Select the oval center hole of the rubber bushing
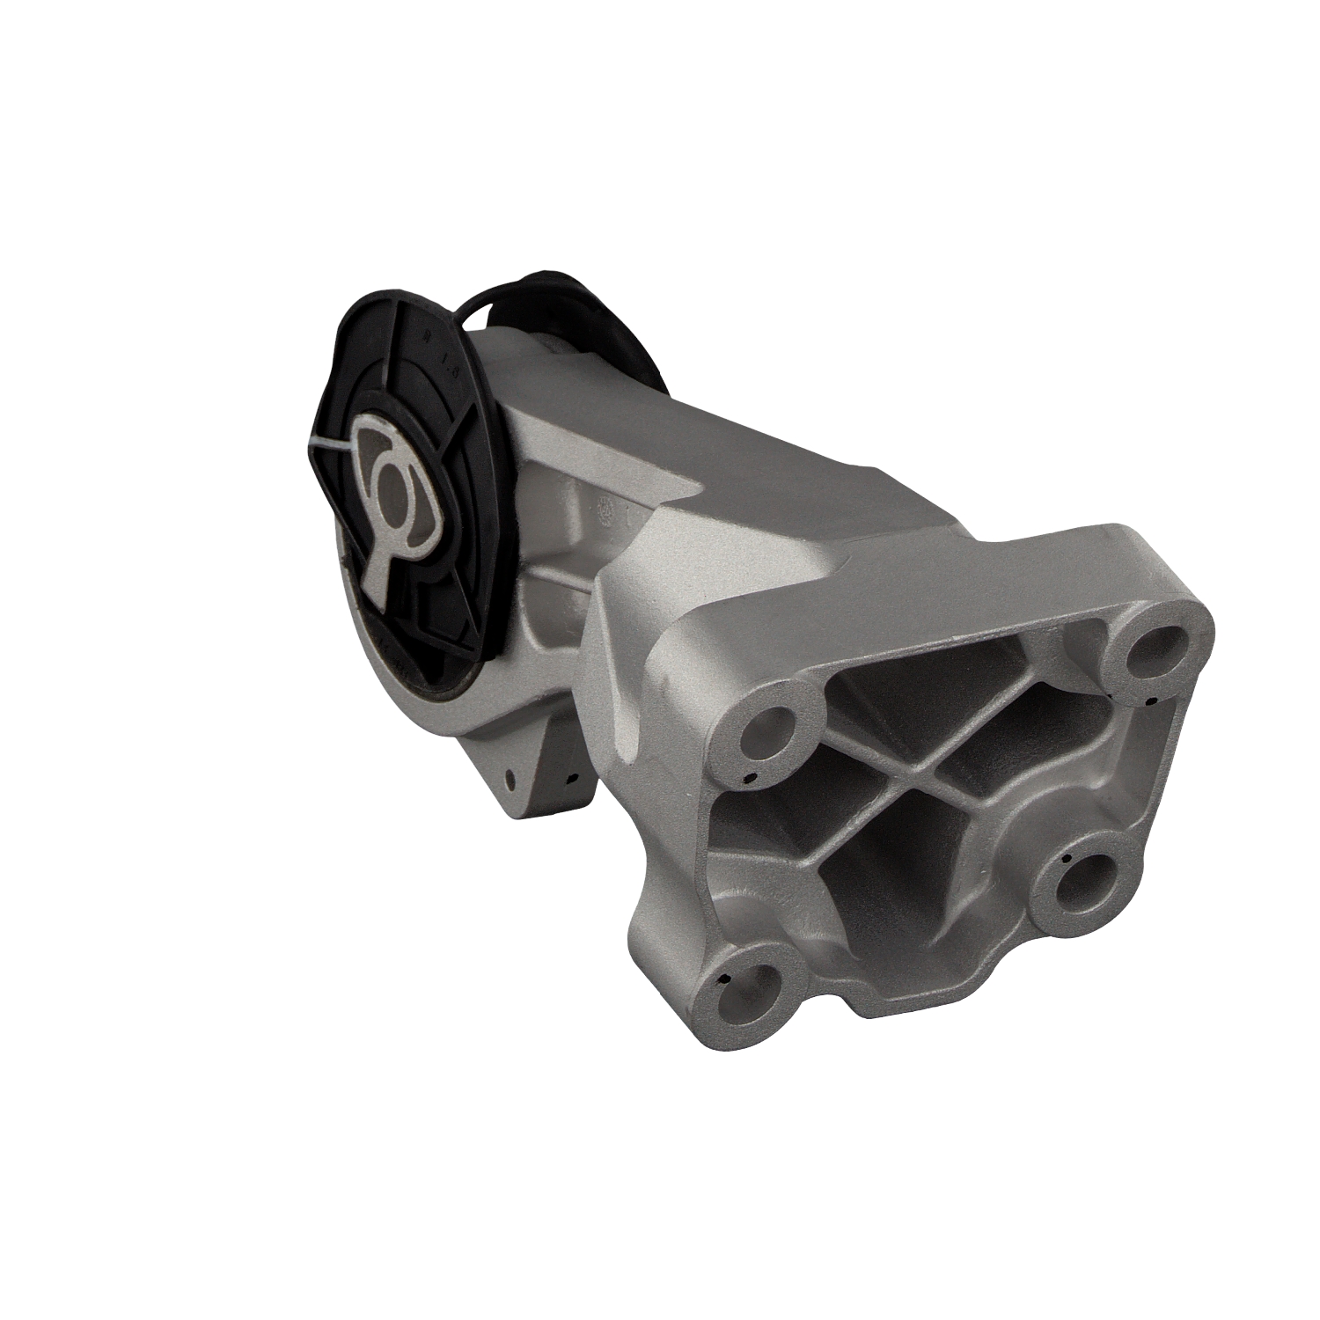(x=390, y=481)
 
